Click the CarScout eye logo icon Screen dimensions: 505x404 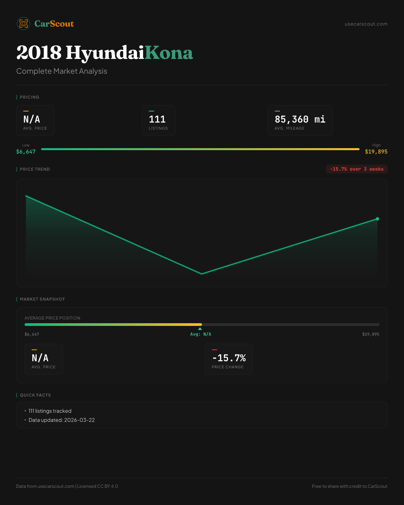[x=24, y=24]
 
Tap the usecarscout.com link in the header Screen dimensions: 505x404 [x=366, y=24]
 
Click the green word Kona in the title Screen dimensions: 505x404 [x=169, y=53]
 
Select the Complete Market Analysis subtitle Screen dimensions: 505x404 [x=62, y=71]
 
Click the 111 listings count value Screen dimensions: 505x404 [x=157, y=119]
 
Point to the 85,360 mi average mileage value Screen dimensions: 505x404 [x=300, y=119]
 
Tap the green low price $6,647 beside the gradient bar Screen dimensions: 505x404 [x=26, y=151]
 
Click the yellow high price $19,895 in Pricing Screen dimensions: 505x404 [x=376, y=151]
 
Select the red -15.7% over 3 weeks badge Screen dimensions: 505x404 [x=357, y=169]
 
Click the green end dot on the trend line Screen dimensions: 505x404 [x=377, y=219]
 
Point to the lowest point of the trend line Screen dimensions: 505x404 [x=202, y=274]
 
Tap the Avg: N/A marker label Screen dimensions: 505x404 [x=201, y=334]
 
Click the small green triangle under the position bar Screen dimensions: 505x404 [x=200, y=329]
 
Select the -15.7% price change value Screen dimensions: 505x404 [x=229, y=358]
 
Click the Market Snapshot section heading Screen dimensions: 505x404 [x=42, y=299]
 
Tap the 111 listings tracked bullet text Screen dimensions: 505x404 [x=50, y=411]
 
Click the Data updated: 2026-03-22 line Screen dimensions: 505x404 [x=62, y=420]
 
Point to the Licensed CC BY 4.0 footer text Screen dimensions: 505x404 [x=98, y=486]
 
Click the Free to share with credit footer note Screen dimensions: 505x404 [x=349, y=486]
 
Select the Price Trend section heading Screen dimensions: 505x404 [x=35, y=169]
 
